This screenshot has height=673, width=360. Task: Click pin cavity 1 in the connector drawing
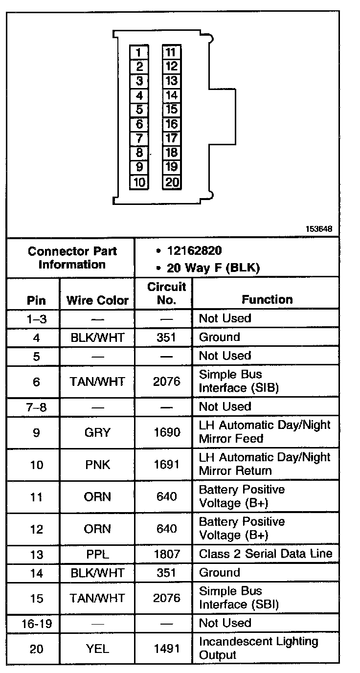[139, 52]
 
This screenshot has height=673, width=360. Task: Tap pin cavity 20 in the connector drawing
[172, 182]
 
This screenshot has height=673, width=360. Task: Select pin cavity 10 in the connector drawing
[139, 182]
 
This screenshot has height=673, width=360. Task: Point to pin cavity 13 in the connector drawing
[172, 81]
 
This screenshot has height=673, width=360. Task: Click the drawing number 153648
[319, 228]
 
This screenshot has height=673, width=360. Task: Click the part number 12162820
[194, 251]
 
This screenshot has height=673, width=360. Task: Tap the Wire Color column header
[97, 300]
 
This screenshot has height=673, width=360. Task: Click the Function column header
[267, 299]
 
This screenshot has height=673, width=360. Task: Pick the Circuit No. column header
[166, 293]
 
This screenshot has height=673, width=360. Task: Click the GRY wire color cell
[97, 432]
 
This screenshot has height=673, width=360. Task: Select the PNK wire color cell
[97, 465]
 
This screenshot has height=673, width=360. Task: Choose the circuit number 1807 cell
[166, 554]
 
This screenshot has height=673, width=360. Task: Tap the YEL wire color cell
[97, 649]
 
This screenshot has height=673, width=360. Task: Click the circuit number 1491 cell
[166, 649]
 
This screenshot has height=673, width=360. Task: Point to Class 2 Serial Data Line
[266, 554]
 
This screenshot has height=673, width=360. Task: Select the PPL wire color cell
[97, 554]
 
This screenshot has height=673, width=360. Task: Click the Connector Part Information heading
[72, 258]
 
